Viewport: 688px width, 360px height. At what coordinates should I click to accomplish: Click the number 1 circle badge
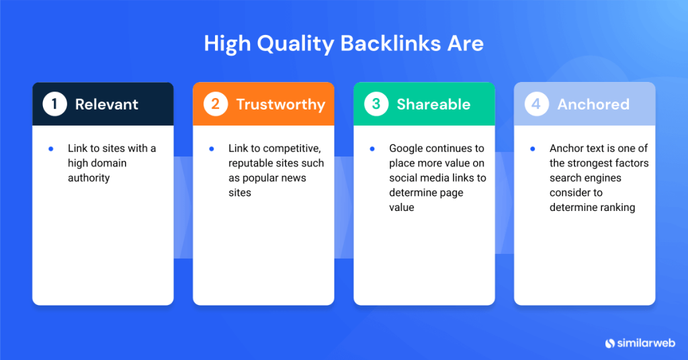[54, 104]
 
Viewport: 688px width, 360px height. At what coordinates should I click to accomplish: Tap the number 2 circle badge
[215, 104]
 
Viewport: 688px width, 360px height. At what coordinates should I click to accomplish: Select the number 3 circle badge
[376, 104]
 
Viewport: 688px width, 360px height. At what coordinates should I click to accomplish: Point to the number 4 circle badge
[536, 104]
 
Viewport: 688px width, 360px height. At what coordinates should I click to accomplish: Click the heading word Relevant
[107, 104]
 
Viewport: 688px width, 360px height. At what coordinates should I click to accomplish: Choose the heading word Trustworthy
[280, 104]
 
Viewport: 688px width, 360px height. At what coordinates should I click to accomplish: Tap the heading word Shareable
[433, 104]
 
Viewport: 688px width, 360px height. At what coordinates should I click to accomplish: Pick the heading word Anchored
[593, 104]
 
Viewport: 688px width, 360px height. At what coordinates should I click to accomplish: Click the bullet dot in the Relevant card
[51, 148]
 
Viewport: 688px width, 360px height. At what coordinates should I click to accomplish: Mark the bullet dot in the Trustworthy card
[212, 148]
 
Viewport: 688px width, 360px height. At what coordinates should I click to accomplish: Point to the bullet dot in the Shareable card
[372, 148]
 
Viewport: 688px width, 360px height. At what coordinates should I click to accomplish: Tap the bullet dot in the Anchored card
[533, 148]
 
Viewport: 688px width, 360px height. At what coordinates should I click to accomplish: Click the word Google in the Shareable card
[406, 148]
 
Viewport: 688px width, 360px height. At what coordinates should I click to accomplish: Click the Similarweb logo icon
[610, 343]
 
